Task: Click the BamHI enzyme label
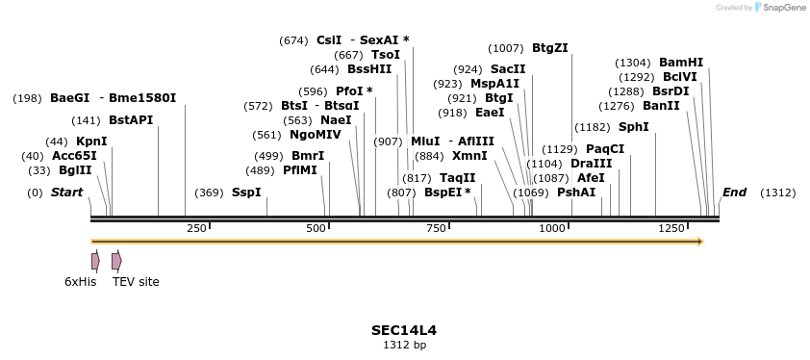pos(681,62)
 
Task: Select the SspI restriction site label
pos(246,193)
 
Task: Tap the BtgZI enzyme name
pos(550,47)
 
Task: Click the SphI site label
pos(633,127)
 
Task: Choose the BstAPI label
pos(131,120)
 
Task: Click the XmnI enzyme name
pos(469,155)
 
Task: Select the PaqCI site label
pos(605,149)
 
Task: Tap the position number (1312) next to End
pos(777,193)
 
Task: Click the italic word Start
pos(66,193)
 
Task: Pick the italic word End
pos(734,193)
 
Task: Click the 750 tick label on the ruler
pos(436,228)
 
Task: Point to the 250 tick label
pos(196,228)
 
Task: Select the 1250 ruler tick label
pos(671,228)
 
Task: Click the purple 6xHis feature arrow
pos(95,261)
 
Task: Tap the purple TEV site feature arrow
pos(116,261)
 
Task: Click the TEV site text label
pos(136,282)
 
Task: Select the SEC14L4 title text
pos(404,329)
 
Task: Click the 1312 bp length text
pos(404,344)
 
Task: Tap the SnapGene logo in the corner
pos(779,8)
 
